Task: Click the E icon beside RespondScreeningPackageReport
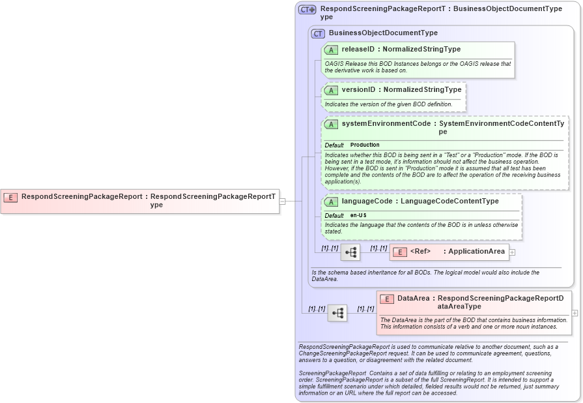pos(10,197)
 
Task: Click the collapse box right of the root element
pos(282,201)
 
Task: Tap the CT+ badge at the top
pos(307,10)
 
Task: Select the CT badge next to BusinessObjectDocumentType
pos(318,33)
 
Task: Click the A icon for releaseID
pos(331,50)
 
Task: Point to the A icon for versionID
pos(331,90)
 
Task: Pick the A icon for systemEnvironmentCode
pos(331,124)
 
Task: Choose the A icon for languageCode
pos(331,202)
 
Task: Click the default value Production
pos(365,145)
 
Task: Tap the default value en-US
pos(358,215)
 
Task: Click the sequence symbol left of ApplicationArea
pos(350,252)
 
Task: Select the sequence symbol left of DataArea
pos(337,313)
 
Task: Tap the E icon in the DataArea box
pos(387,299)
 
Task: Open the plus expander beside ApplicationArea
pos(512,252)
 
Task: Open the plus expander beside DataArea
pos(575,313)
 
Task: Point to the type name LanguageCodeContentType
pos(450,201)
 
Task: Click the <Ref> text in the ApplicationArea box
pos(421,252)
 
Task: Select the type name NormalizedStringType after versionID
pos(422,90)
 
